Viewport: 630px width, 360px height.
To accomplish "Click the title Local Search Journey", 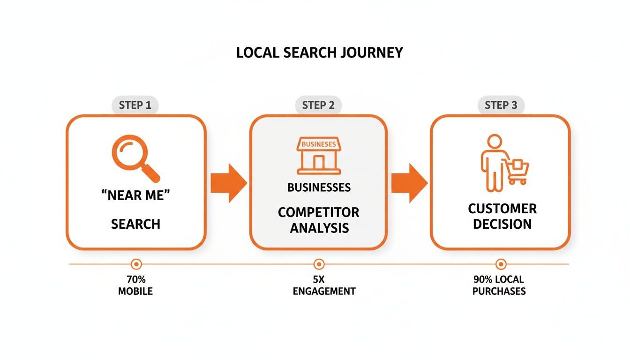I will point(319,52).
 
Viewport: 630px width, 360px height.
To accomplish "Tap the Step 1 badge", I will point(135,105).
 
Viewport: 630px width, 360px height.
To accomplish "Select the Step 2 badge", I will point(318,105).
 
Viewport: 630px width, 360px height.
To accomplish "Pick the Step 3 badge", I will point(501,105).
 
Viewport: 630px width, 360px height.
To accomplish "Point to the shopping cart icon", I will point(518,171).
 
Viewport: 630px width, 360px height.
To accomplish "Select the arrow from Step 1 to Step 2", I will point(228,182).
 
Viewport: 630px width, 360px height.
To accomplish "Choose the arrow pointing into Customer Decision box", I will point(409,182).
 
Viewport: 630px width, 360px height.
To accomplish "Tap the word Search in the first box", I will point(135,224).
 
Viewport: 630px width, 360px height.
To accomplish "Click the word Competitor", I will point(319,212).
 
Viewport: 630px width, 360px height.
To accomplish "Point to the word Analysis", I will point(319,228).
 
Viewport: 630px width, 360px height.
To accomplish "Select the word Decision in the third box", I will point(502,224).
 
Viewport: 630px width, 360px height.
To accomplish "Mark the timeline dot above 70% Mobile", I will point(136,264).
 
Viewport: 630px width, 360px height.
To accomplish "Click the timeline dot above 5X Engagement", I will point(319,264).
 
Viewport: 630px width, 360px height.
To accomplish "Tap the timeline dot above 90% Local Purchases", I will point(501,264).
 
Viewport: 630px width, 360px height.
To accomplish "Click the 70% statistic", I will point(135,280).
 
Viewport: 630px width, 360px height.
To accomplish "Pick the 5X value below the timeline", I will point(319,280).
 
